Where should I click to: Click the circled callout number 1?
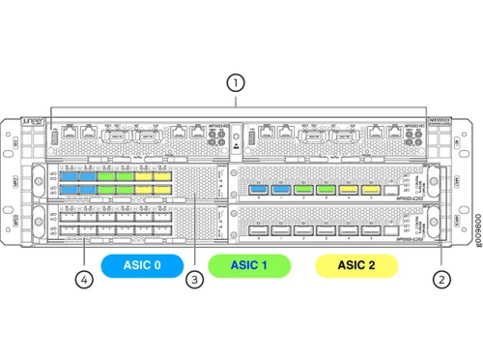click(234, 82)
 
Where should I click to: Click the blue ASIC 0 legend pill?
click(141, 262)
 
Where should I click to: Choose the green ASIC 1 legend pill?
click(248, 262)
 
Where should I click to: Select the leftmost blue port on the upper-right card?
click(259, 190)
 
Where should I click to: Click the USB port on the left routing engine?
click(53, 138)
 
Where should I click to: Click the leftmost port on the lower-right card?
click(259, 230)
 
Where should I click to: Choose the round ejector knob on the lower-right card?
click(430, 223)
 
